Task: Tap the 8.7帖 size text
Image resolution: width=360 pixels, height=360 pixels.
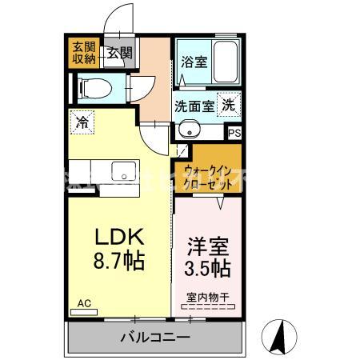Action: tap(120, 260)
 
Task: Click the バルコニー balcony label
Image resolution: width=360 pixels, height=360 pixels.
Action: tap(155, 337)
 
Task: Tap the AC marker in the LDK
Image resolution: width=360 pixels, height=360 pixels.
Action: tap(85, 303)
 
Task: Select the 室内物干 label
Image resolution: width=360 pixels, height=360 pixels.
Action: tap(207, 298)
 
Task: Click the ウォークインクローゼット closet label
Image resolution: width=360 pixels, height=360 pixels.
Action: tap(208, 176)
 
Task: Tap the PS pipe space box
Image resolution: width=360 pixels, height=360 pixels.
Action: tap(234, 134)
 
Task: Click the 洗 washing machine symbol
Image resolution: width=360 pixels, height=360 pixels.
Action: tap(229, 103)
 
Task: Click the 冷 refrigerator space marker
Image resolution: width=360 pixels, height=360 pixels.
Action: tap(82, 122)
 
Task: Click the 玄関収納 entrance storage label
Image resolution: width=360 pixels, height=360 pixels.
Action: tap(84, 51)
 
